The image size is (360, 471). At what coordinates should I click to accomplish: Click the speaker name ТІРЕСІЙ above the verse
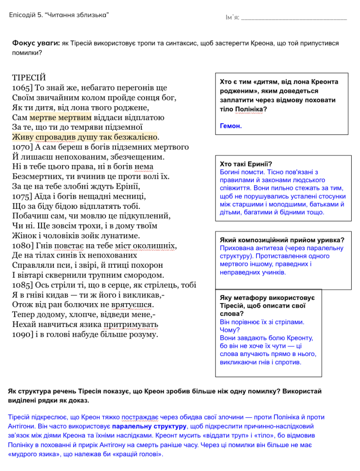coord(29,77)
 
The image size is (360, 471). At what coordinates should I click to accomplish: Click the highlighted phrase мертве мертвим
coord(61,117)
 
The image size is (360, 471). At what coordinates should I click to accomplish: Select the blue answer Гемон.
coord(231,126)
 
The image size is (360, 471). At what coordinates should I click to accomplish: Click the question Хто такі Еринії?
coord(246,164)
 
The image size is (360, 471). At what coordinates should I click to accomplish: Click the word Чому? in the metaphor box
coord(230,330)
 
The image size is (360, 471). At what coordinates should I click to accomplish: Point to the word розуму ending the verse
coord(143,334)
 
